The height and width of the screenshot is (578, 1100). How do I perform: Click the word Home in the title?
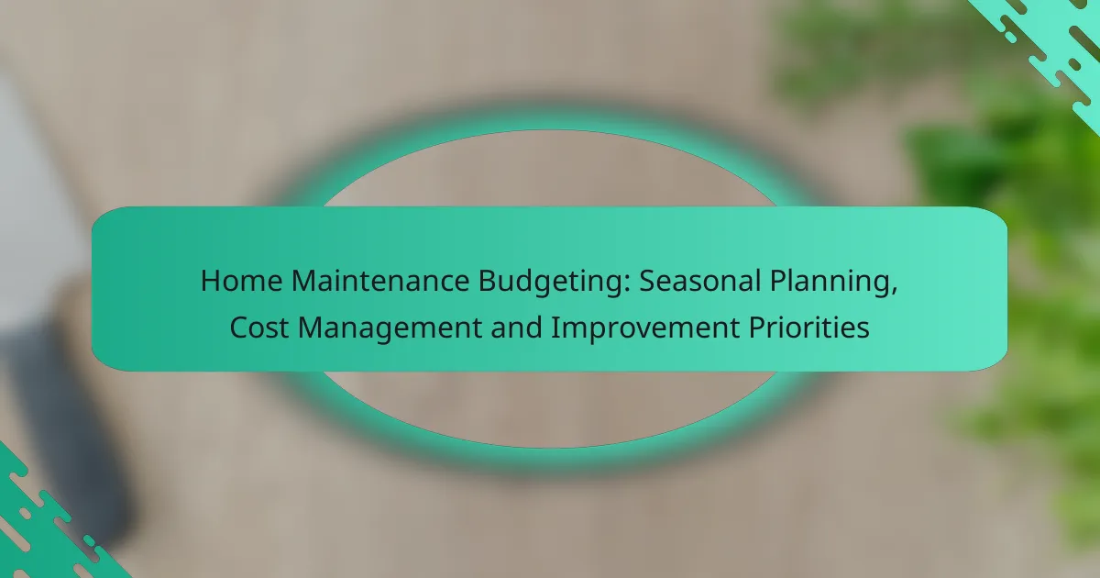click(x=242, y=281)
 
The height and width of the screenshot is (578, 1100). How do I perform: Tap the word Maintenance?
click(x=380, y=281)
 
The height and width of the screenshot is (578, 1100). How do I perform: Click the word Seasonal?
click(x=699, y=281)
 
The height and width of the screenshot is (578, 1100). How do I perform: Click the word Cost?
click(x=258, y=328)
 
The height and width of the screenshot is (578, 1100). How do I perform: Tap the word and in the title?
click(x=517, y=327)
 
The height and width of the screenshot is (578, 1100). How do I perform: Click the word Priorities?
click(x=808, y=328)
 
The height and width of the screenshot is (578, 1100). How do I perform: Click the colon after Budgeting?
click(x=626, y=283)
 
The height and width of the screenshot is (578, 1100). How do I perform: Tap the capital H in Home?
click(x=211, y=281)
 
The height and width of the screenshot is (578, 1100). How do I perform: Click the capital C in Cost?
click(x=239, y=328)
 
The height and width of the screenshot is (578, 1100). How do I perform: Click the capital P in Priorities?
click(x=757, y=328)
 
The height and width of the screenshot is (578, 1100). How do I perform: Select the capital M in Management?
click(x=311, y=328)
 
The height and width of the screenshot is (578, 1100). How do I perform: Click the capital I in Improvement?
click(x=555, y=328)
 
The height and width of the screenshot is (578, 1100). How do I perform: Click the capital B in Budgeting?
click(x=487, y=281)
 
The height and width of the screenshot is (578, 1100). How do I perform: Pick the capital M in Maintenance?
click(x=304, y=281)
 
